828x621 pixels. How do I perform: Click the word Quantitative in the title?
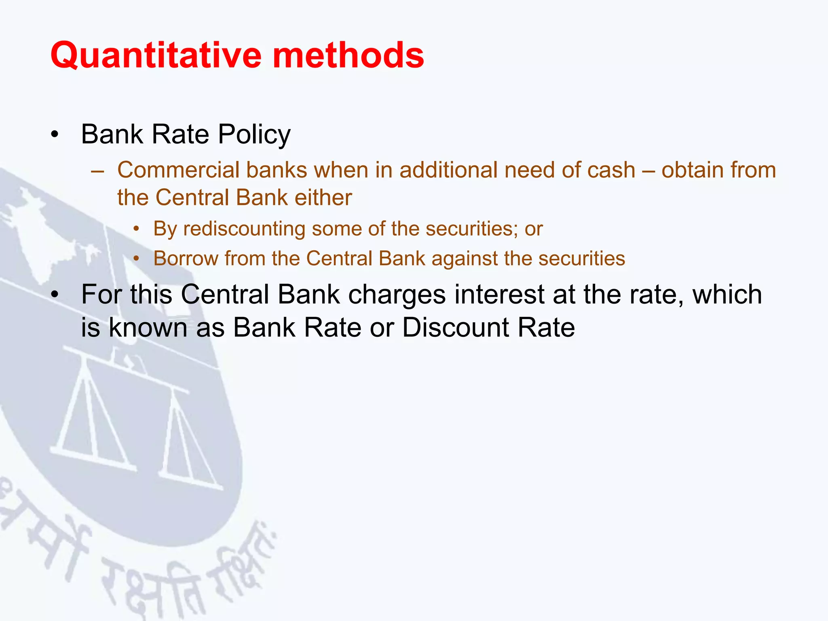click(x=156, y=55)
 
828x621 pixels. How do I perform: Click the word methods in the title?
click(x=348, y=55)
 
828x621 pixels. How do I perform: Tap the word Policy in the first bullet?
click(x=254, y=135)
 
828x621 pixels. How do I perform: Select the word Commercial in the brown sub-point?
click(x=178, y=170)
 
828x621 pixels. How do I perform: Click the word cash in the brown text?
click(x=611, y=170)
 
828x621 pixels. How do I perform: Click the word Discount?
click(x=455, y=327)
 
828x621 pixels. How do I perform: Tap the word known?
click(x=148, y=327)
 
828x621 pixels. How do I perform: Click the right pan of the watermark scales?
click(x=190, y=477)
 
